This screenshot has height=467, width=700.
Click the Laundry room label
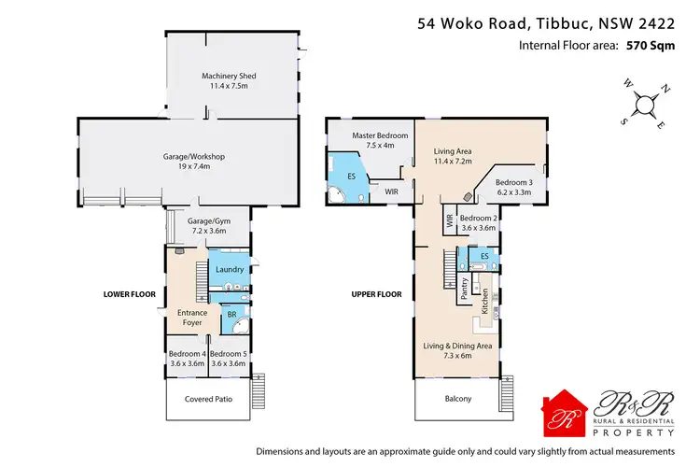coord(229,270)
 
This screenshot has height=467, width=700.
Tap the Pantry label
coord(463,290)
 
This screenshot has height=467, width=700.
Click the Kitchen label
coord(484,301)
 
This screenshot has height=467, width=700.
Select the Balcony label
coord(457,399)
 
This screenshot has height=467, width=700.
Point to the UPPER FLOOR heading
coord(376,294)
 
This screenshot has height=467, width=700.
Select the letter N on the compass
coord(665,91)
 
